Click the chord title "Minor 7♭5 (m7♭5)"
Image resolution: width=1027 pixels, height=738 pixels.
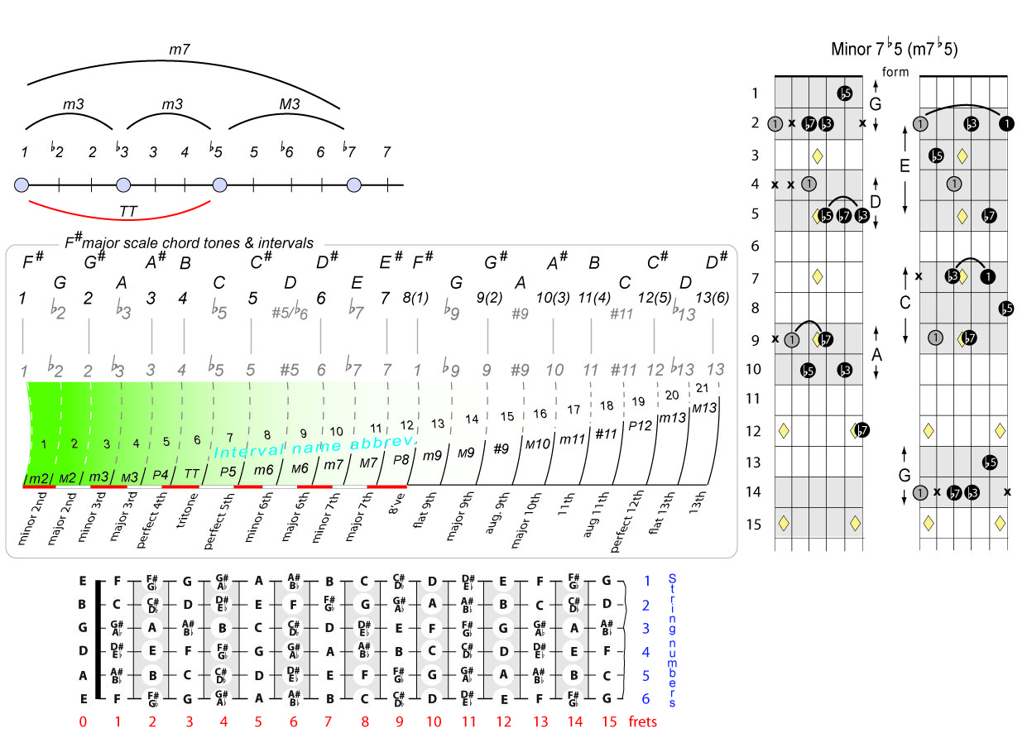[894, 49]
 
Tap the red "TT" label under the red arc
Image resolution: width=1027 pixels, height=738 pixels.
[127, 212]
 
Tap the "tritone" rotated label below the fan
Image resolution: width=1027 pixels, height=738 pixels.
[187, 515]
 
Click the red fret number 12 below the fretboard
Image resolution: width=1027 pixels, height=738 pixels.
[504, 721]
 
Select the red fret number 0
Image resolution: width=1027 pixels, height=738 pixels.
[83, 721]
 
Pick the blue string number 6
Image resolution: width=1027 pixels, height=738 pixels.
[645, 699]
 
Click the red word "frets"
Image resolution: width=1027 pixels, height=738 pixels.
[642, 721]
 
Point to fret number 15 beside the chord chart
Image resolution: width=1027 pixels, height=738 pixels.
[753, 523]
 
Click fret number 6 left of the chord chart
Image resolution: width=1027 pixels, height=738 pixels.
[754, 246]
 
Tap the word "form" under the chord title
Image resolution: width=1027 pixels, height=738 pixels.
[895, 72]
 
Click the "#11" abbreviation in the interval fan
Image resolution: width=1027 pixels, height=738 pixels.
[606, 433]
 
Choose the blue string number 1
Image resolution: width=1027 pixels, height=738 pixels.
[645, 582]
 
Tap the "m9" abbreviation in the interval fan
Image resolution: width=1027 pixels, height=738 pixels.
[432, 456]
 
